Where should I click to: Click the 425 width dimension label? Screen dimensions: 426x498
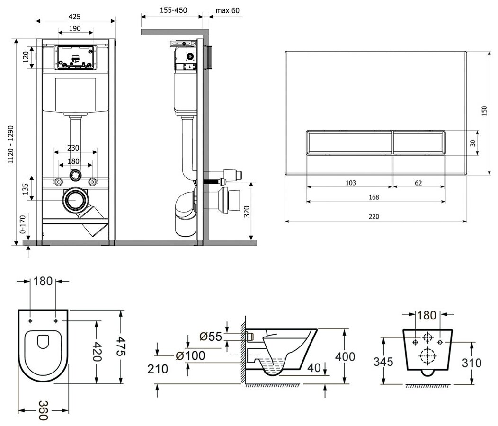[x=76, y=15]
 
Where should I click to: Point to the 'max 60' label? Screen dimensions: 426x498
[x=228, y=10]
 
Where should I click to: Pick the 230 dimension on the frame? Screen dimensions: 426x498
[x=73, y=148]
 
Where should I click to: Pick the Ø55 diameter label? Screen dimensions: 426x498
[x=211, y=337]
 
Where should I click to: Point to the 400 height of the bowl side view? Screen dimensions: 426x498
[x=348, y=356]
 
